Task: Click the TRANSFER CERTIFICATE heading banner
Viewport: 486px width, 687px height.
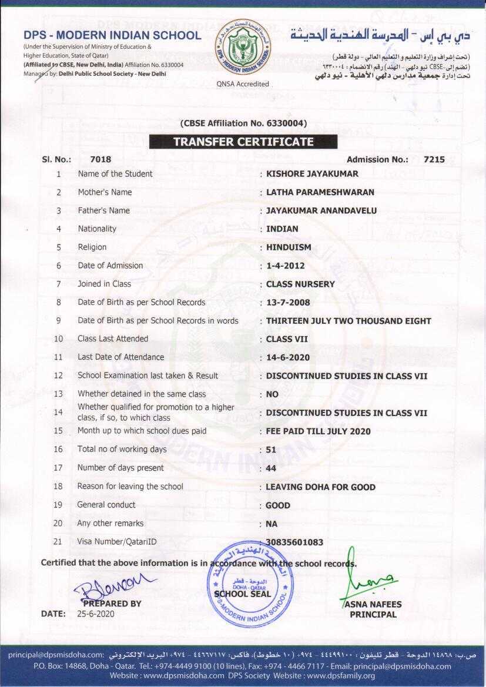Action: (243, 142)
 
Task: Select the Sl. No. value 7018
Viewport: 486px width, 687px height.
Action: (100, 159)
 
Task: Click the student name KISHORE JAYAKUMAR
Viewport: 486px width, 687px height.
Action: (312, 174)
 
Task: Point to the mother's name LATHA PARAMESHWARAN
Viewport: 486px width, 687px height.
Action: (320, 192)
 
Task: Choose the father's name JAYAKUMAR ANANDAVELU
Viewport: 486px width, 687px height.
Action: (321, 210)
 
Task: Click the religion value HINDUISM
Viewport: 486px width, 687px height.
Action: (289, 247)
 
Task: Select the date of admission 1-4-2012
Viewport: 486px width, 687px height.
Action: (286, 266)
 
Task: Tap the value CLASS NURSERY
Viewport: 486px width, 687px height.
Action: (300, 284)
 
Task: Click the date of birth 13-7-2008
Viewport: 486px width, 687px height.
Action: (288, 303)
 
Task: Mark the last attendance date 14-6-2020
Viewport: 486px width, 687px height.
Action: (288, 357)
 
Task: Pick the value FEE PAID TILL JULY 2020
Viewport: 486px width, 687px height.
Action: (319, 431)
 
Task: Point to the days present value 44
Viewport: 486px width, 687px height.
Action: (272, 468)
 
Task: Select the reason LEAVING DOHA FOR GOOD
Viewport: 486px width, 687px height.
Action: (320, 487)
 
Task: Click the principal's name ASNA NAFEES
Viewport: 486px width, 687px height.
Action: (373, 604)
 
